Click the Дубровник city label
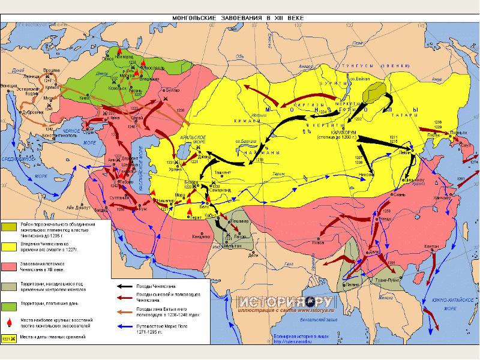pyautogui.click(x=29, y=113)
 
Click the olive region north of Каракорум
pyautogui.click(x=376, y=93)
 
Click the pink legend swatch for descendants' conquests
pyautogui.click(x=9, y=266)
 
